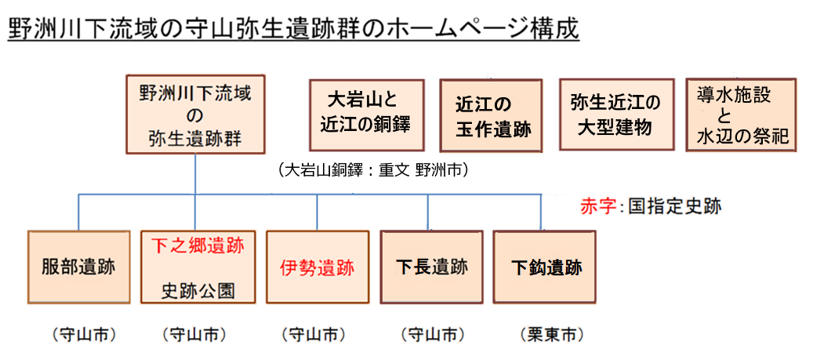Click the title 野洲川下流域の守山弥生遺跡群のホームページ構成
[x=293, y=29]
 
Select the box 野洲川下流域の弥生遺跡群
[x=195, y=114]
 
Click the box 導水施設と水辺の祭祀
[x=741, y=115]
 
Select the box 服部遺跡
[x=78, y=267]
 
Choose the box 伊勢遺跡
[x=317, y=267]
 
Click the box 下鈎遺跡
[x=545, y=267]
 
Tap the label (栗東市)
[x=552, y=335]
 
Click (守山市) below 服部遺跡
[x=84, y=335]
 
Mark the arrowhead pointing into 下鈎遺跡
[x=541, y=226]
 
